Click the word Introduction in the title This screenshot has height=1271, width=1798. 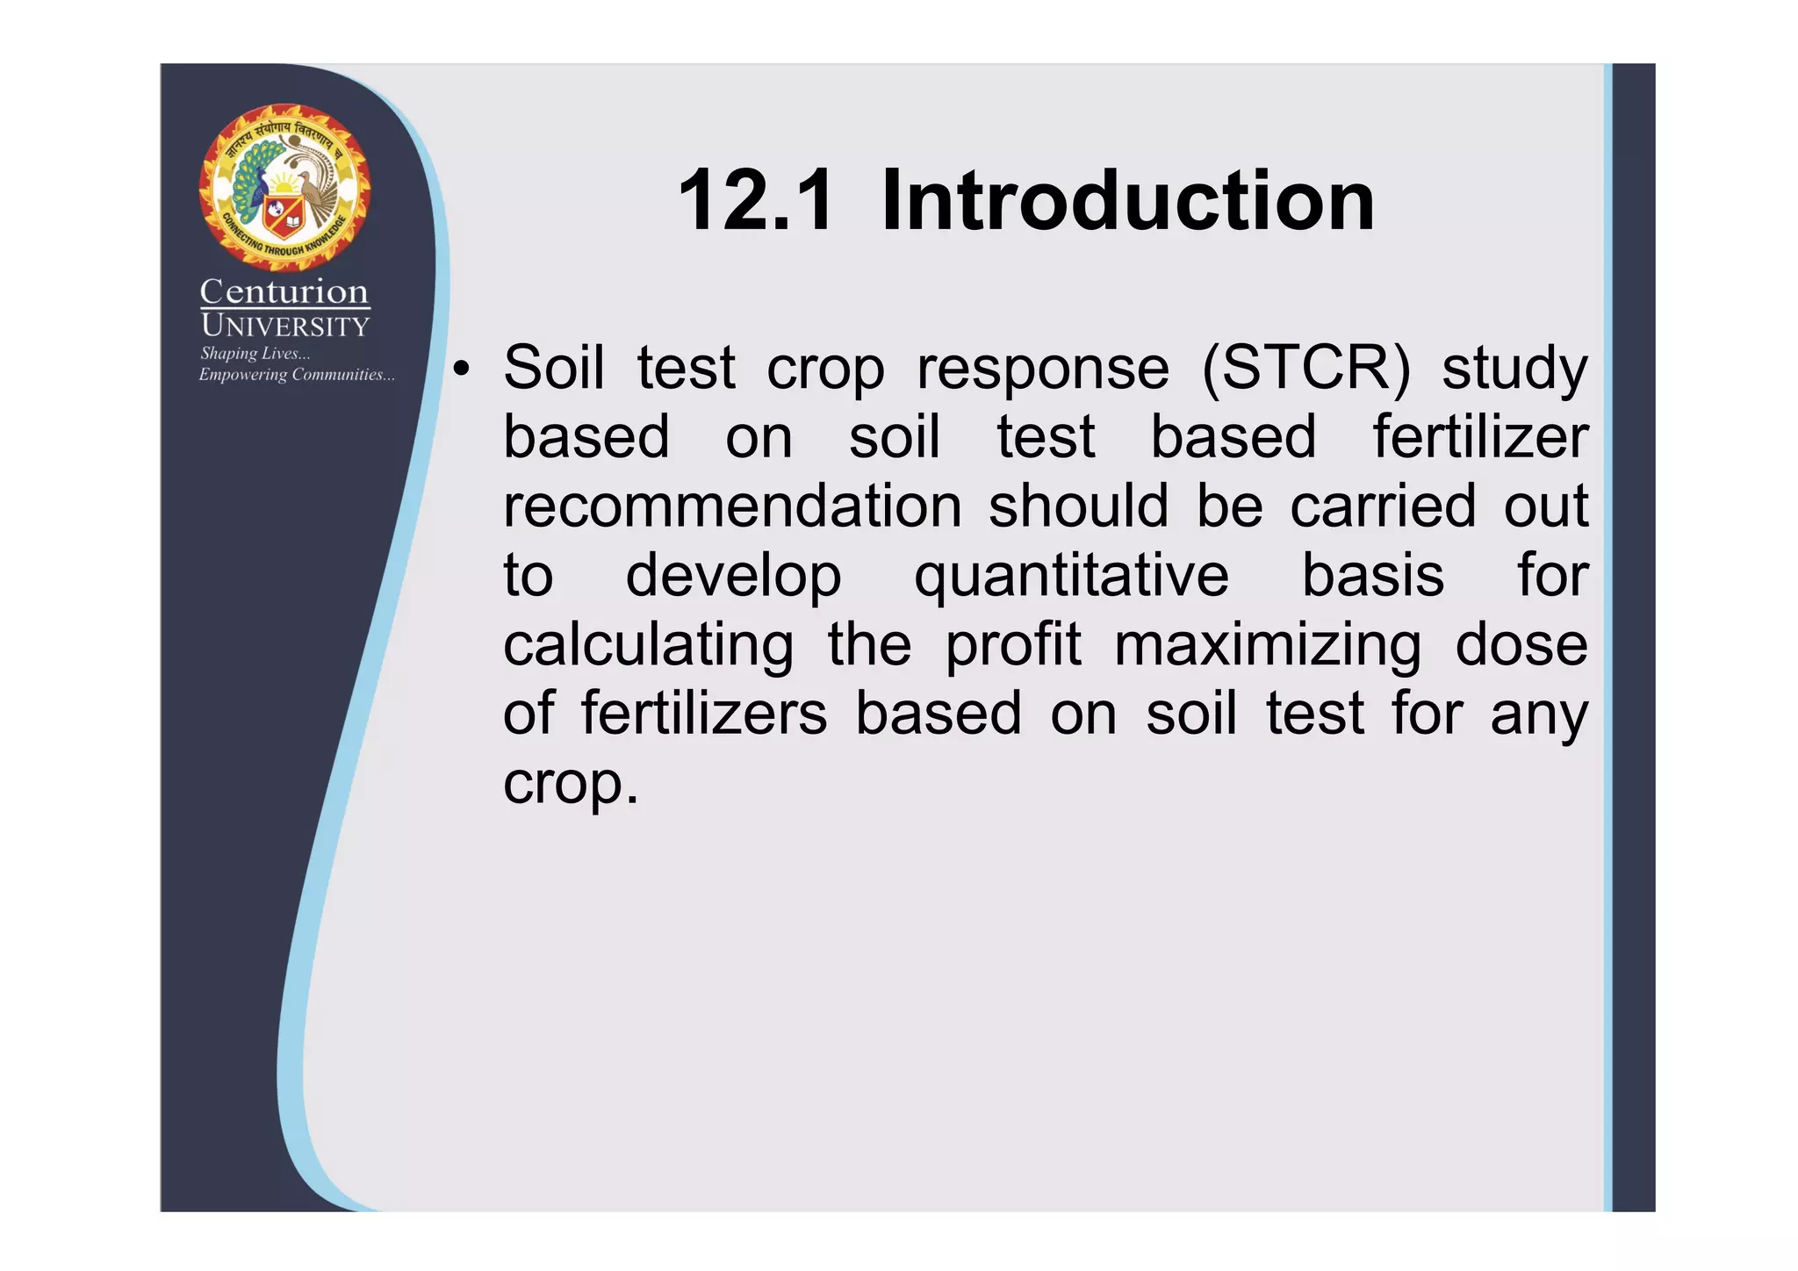click(1127, 202)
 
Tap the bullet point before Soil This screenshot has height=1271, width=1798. click(461, 370)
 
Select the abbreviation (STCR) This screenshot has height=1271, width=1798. click(1306, 368)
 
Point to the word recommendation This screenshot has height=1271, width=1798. click(732, 506)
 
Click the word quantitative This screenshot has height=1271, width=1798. click(1071, 576)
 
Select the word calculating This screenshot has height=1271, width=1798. click(648, 646)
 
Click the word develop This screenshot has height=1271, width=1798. click(733, 578)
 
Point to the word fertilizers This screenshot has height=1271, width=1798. click(704, 713)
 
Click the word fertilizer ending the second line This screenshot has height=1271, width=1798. click(1480, 437)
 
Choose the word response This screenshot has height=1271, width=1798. click(1043, 370)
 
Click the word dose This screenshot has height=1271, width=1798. click(1521, 644)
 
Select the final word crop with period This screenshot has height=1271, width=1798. click(571, 784)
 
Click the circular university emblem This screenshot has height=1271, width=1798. click(284, 187)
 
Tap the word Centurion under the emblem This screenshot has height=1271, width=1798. click(284, 291)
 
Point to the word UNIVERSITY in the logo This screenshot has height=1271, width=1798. click(284, 327)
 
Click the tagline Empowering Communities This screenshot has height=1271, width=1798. click(296, 375)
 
